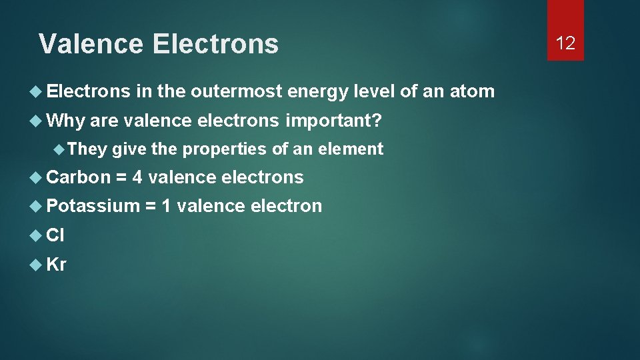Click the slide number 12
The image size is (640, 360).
click(x=565, y=43)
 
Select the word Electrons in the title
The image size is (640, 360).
click(x=215, y=44)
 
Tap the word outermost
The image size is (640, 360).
click(x=236, y=91)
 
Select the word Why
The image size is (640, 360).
click(x=65, y=121)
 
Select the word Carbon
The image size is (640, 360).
click(x=79, y=177)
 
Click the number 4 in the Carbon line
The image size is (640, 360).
click(x=137, y=177)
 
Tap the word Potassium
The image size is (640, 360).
click(x=93, y=206)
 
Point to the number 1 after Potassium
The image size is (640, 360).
click(x=166, y=206)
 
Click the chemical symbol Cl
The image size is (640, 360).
click(x=55, y=235)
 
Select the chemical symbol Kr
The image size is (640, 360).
click(x=57, y=264)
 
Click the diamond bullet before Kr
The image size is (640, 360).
click(x=37, y=265)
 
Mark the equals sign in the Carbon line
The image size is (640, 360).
click(x=122, y=178)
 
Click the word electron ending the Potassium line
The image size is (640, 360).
click(x=286, y=206)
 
